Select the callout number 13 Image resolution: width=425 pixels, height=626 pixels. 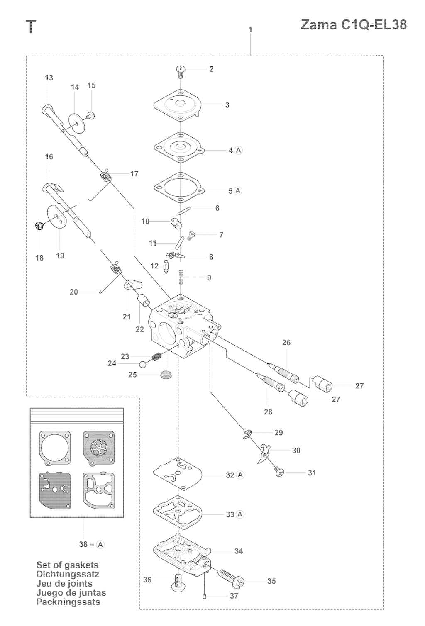coord(49,78)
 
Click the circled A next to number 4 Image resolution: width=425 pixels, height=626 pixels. coord(238,150)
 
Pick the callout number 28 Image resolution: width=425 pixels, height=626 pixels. coord(268,412)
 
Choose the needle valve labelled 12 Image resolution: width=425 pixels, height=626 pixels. coord(166,267)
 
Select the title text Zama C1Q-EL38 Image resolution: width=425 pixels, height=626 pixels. coord(354,25)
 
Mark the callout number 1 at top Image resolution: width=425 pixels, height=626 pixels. coord(251,29)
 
